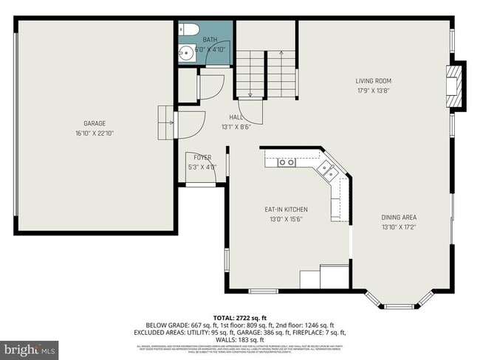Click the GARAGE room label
[x=94, y=123]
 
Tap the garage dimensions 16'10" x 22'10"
[x=94, y=134]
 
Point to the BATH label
[x=210, y=40]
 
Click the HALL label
[x=236, y=117]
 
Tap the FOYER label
[x=202, y=157]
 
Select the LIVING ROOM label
[x=373, y=81]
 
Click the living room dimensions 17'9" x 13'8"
[x=373, y=91]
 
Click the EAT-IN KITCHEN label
[x=286, y=210]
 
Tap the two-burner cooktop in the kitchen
[x=287, y=162]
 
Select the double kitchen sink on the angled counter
[x=327, y=171]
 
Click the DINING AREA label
[x=399, y=217]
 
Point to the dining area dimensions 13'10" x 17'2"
[x=399, y=227]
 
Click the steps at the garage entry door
[x=164, y=122]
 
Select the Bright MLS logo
[x=30, y=348]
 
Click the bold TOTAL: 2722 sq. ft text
[x=240, y=315]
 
